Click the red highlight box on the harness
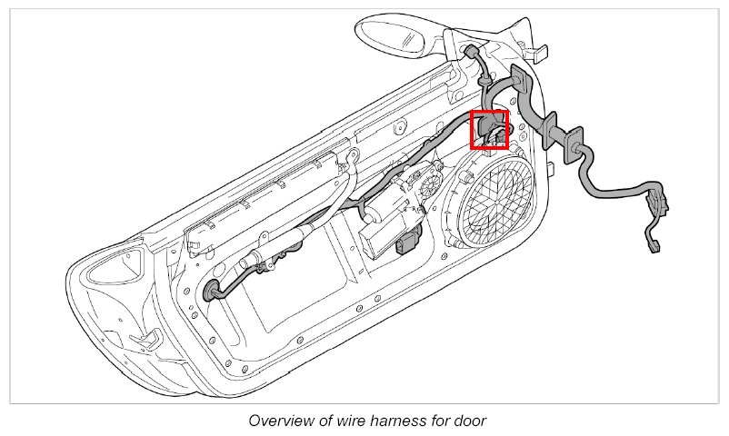489,129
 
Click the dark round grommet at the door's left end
215,291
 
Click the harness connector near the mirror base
472,56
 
